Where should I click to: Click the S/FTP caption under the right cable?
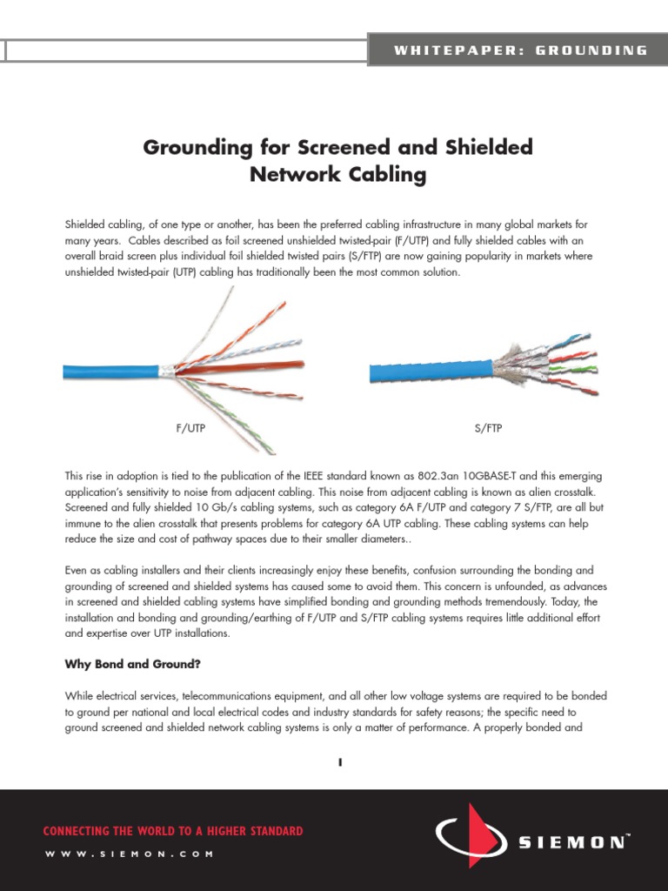(488, 429)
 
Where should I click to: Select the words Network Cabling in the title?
(337, 175)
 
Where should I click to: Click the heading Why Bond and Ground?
(133, 664)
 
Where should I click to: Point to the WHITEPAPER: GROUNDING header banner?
(520, 50)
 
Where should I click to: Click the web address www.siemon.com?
(129, 854)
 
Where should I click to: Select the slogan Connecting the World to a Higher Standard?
(173, 831)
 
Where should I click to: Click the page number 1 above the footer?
(340, 762)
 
